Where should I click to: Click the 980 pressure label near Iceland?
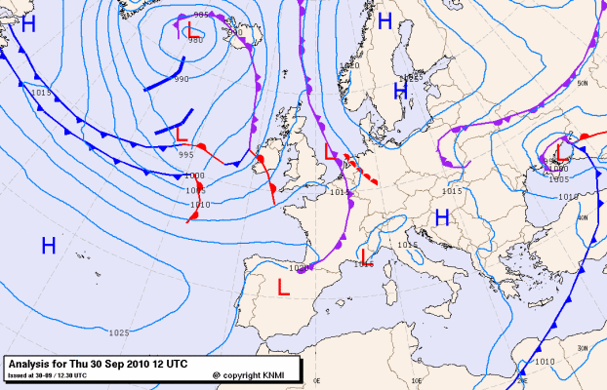(195, 41)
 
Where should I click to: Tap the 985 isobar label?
(202, 16)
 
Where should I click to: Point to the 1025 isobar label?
(119, 333)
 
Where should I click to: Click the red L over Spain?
(283, 289)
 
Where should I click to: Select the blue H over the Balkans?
(440, 218)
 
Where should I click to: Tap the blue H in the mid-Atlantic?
(48, 245)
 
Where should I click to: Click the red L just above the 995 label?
(181, 132)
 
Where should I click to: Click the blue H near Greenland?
(28, 23)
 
